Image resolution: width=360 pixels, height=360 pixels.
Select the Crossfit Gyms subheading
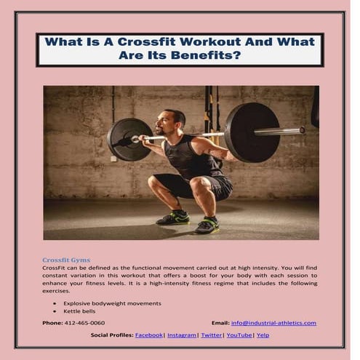point(66,259)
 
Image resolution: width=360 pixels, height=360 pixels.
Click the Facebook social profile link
point(148,335)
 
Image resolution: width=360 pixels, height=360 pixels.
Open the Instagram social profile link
point(181,335)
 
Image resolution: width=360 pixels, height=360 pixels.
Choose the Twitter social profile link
point(212,335)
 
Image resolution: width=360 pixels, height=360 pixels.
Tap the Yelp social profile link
point(263,335)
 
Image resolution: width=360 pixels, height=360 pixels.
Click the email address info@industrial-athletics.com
point(273,322)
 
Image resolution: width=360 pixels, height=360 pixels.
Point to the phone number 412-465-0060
point(84,322)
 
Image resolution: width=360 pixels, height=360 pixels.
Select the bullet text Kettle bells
point(79,311)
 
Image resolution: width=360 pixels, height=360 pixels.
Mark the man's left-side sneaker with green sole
point(173,217)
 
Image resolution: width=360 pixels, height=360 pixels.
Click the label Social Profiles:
point(112,335)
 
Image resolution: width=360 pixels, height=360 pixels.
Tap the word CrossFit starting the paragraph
point(55,268)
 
